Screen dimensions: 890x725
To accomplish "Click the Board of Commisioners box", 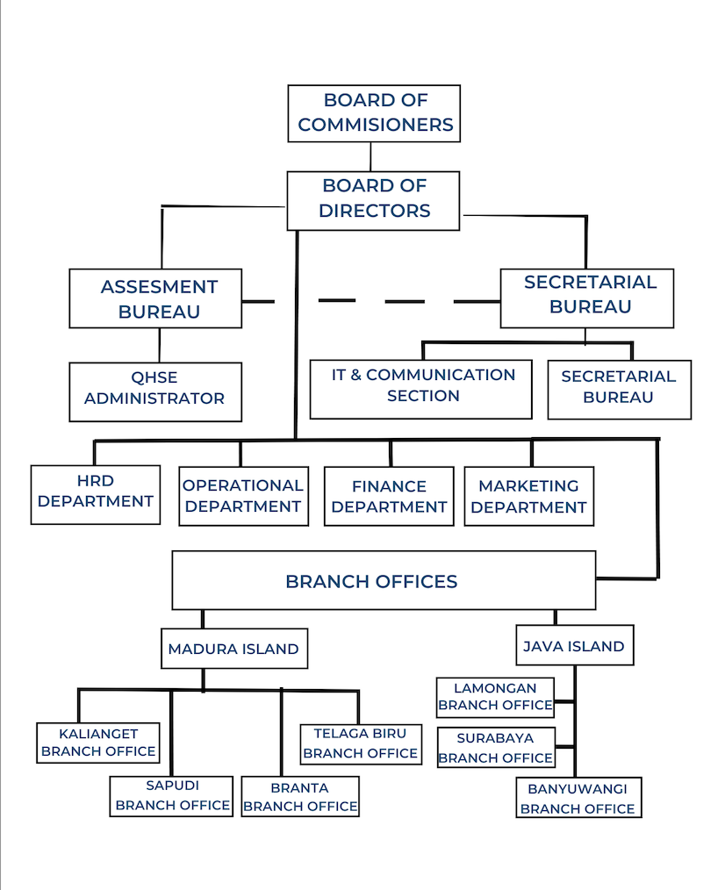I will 374,113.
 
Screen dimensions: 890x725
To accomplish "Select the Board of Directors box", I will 373,200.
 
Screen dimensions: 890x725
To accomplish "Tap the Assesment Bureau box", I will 155,298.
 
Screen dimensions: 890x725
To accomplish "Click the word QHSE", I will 154,377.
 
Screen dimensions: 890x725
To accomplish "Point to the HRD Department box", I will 95,493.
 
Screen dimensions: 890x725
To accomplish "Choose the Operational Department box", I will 243,496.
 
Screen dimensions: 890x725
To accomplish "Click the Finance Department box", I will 389,496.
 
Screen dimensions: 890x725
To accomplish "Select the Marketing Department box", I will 528,496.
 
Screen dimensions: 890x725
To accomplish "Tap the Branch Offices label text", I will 371,581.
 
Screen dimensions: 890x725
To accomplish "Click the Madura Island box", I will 233,649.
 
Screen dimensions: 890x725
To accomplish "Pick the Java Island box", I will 573,646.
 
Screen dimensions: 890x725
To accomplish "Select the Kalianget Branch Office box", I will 98,742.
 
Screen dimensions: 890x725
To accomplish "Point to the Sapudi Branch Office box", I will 172,796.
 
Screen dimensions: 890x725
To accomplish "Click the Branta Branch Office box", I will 300,797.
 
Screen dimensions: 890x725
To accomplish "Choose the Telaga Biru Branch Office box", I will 360,743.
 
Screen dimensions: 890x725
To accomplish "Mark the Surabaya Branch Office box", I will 495,748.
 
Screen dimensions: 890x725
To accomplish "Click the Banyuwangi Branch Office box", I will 578,798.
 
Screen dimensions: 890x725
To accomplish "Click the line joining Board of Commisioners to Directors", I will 370,156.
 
